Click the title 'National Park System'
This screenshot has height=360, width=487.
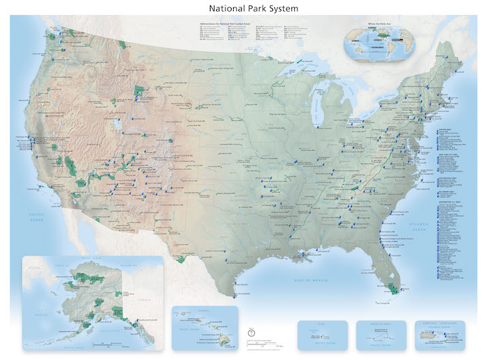click(x=243, y=8)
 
